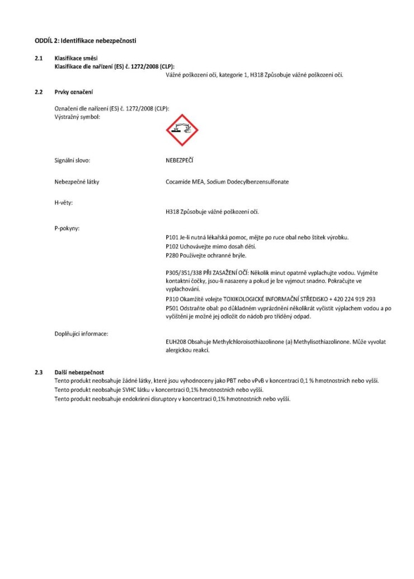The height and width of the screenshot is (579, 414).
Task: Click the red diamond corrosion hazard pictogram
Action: [182, 130]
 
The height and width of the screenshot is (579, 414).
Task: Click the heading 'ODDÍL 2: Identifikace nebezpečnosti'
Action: [86, 41]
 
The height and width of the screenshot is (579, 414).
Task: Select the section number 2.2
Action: [39, 91]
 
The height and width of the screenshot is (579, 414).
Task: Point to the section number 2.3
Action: [39, 372]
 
